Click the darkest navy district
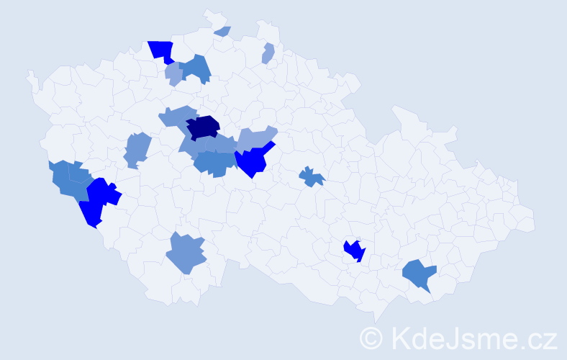click(x=204, y=126)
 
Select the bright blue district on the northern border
click(x=162, y=51)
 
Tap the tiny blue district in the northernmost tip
click(x=222, y=31)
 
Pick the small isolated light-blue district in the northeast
click(x=268, y=53)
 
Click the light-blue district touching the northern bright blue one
click(x=173, y=73)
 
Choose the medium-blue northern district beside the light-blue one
click(x=196, y=68)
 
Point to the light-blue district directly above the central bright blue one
click(x=255, y=138)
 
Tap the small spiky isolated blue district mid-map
click(x=312, y=176)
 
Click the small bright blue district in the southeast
click(x=354, y=251)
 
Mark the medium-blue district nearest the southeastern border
click(x=419, y=274)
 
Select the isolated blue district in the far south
click(x=186, y=253)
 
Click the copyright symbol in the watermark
click(x=371, y=338)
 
